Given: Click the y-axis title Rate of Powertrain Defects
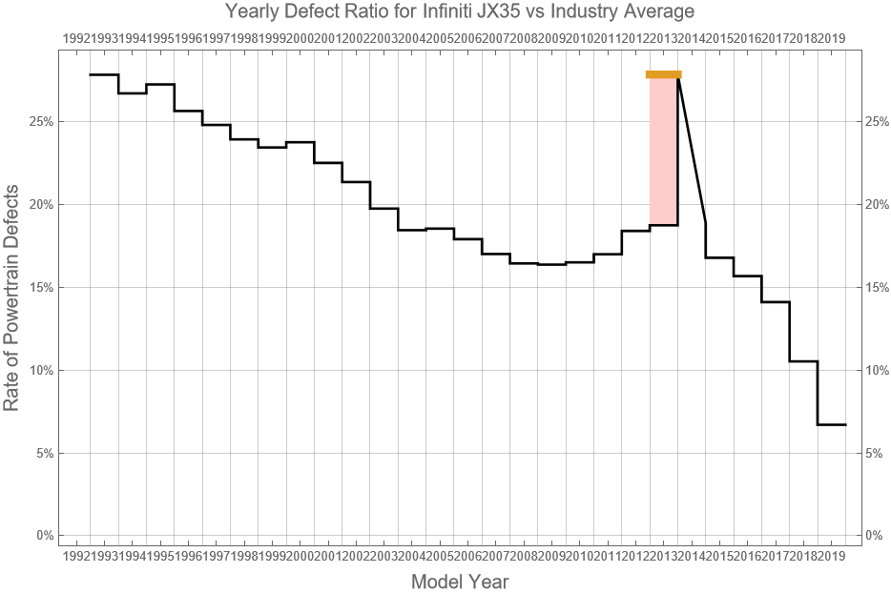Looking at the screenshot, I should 12,296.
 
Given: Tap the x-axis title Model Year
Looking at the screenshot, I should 459,582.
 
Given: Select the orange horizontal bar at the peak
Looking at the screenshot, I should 663,74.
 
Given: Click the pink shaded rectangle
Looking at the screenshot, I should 664,153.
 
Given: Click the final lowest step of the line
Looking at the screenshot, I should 832,424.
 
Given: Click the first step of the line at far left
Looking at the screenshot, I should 104,74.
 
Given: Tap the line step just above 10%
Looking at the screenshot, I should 803,361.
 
